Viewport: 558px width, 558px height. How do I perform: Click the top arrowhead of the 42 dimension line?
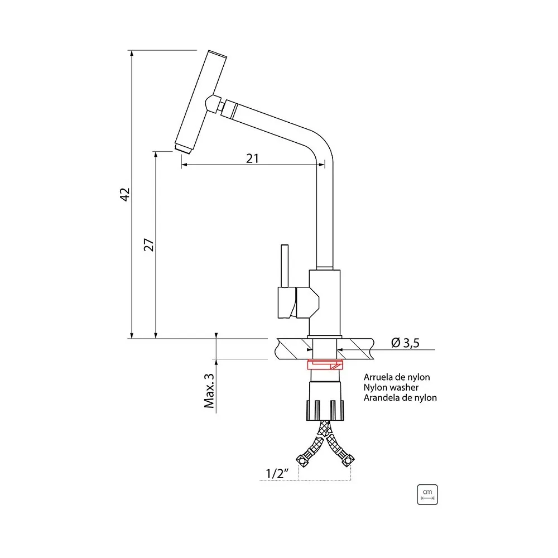(132, 53)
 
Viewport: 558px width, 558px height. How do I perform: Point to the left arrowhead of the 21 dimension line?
(184, 165)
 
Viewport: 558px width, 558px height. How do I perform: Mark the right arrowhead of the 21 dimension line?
(322, 165)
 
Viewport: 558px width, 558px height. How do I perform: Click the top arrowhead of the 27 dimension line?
(156, 155)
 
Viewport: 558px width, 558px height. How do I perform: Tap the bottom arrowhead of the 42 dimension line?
(132, 335)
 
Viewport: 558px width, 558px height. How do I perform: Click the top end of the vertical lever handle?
(285, 245)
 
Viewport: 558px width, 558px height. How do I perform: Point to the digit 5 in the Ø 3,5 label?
(415, 343)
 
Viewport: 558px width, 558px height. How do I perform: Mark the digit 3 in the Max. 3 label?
(209, 377)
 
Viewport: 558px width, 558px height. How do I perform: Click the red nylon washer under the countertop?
(325, 365)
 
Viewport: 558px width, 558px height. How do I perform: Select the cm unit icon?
(427, 494)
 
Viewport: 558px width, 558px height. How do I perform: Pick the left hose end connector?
(302, 460)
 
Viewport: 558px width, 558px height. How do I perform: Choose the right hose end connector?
(347, 460)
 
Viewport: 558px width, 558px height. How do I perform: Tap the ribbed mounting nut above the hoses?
(325, 410)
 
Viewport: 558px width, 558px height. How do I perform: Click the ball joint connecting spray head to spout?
(213, 104)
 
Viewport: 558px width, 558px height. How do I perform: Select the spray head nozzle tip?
(183, 148)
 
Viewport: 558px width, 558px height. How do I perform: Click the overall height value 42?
(125, 194)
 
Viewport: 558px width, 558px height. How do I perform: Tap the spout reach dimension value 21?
(252, 158)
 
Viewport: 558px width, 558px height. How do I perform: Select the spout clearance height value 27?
(149, 245)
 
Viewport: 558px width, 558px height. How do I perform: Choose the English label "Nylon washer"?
(391, 387)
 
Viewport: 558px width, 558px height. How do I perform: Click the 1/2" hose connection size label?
(277, 473)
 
